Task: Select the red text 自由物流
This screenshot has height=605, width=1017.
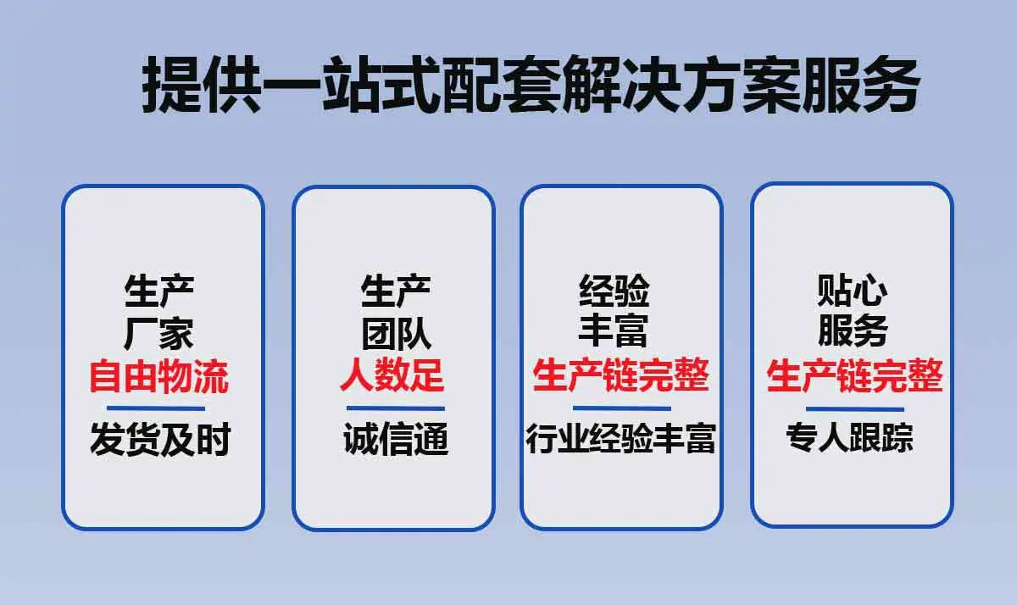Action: [158, 376]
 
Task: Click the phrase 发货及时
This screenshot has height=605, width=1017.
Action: [160, 438]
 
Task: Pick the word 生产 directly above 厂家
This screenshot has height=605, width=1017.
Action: [158, 291]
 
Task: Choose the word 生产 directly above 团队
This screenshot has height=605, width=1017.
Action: [396, 291]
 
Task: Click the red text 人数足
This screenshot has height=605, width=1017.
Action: [392, 376]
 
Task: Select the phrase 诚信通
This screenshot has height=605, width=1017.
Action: [396, 438]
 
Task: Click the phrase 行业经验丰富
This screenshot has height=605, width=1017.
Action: [621, 438]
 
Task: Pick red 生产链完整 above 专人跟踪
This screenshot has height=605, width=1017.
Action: [855, 376]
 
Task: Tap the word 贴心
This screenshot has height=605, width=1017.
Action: [853, 291]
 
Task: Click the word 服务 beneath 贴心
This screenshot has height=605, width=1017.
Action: [853, 331]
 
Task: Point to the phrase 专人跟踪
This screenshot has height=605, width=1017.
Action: [849, 437]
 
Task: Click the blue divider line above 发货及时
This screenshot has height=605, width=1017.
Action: [156, 408]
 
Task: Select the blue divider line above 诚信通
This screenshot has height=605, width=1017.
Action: [396, 408]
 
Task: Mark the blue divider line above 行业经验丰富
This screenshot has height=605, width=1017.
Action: [622, 408]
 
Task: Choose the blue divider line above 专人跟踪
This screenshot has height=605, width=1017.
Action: [855, 409]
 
